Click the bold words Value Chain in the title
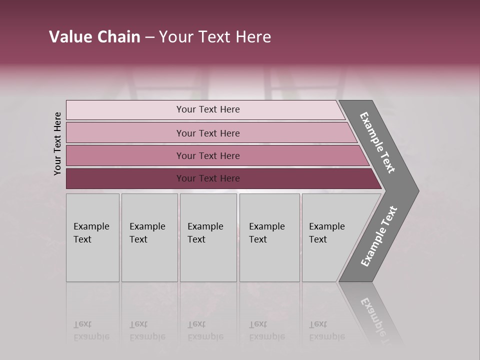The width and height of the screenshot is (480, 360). click(x=94, y=37)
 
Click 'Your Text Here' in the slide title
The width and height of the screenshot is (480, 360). click(x=215, y=37)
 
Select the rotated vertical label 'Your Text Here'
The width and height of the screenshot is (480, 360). click(x=57, y=143)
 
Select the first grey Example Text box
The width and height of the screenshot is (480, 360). click(x=92, y=260)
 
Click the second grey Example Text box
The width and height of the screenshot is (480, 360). click(x=149, y=260)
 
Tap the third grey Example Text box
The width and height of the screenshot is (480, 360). click(x=208, y=260)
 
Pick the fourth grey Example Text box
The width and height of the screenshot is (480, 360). click(x=269, y=260)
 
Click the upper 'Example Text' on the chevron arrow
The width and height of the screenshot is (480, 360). click(x=377, y=142)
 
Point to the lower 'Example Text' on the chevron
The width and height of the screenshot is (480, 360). click(x=379, y=236)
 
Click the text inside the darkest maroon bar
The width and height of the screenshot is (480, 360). click(x=208, y=178)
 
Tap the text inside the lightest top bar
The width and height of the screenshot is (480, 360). click(x=208, y=109)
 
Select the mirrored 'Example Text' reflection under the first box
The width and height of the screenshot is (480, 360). click(x=91, y=330)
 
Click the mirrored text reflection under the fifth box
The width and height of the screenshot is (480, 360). click(x=327, y=330)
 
